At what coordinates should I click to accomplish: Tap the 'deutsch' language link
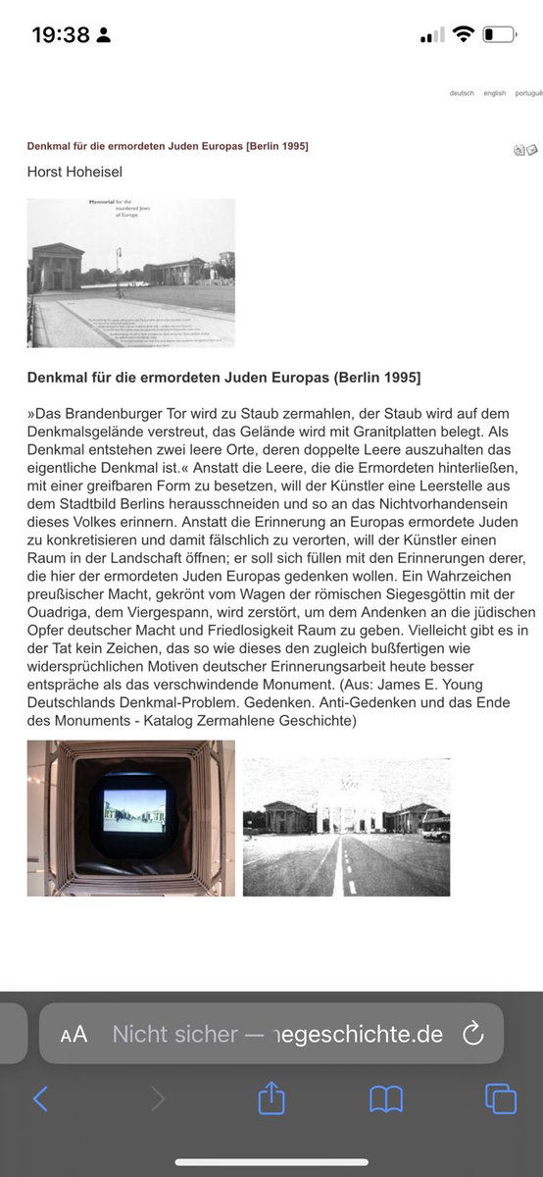click(x=462, y=93)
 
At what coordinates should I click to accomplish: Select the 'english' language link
click(x=494, y=93)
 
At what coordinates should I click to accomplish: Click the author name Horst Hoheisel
click(x=74, y=172)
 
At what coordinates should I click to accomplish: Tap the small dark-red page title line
click(x=168, y=146)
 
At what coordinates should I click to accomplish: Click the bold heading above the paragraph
click(x=223, y=378)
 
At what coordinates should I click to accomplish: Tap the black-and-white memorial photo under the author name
click(x=130, y=273)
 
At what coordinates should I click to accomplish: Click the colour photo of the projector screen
click(x=130, y=818)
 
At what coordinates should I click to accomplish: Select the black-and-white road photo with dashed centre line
click(x=346, y=827)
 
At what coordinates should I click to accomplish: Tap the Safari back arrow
click(x=40, y=1099)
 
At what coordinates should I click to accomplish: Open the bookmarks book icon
click(x=386, y=1099)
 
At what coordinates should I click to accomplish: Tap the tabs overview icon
click(x=500, y=1099)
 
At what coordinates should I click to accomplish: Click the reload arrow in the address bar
click(x=472, y=1034)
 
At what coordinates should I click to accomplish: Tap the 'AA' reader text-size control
click(x=74, y=1034)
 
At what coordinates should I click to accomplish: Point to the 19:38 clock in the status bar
click(x=61, y=35)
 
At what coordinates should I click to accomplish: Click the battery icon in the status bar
click(x=499, y=35)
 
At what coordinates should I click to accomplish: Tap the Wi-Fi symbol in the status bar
click(x=464, y=35)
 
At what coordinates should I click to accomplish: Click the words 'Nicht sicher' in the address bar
click(x=174, y=1034)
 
